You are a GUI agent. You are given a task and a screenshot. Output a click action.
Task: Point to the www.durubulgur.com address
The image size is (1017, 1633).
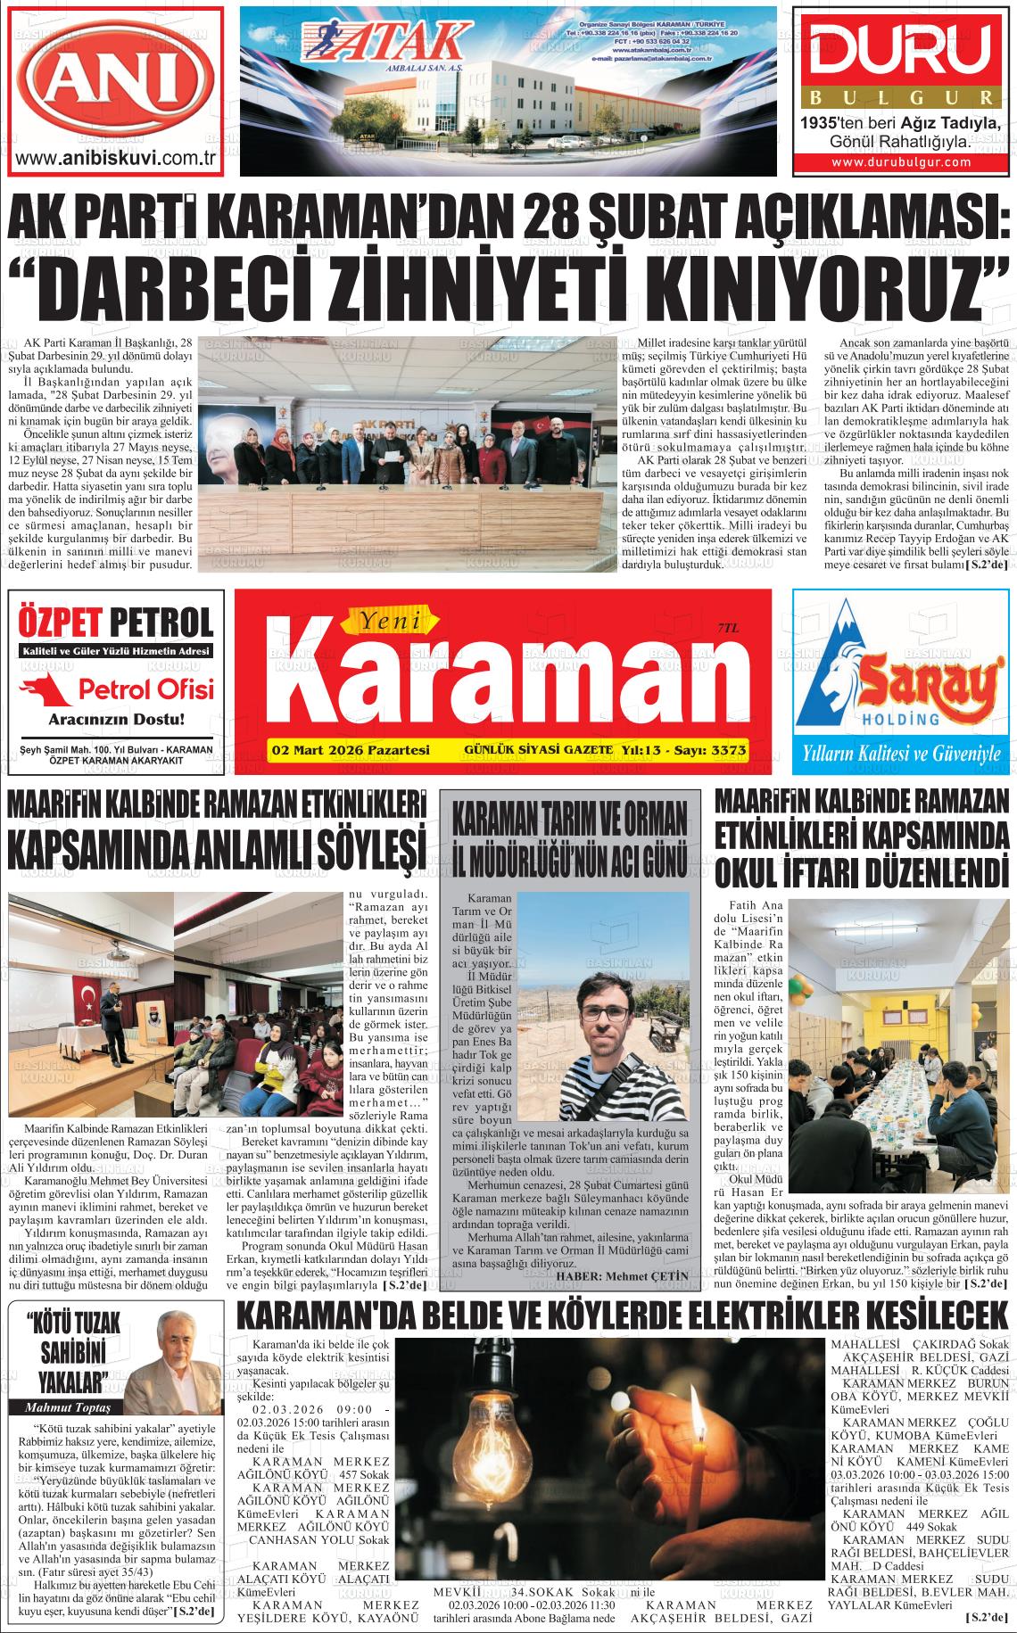pos(901,162)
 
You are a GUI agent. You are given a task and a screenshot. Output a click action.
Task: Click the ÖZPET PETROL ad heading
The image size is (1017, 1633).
pos(116,622)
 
